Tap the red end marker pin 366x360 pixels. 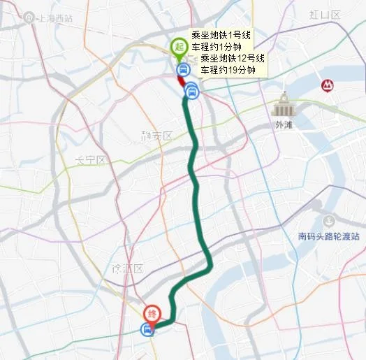(152, 315)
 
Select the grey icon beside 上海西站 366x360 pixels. (28, 17)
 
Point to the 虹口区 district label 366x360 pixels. (325, 15)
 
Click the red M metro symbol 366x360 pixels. (325, 85)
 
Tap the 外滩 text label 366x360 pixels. (284, 125)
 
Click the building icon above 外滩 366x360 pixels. (284, 106)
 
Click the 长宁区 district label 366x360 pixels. (90, 160)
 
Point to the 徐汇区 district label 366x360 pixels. (127, 268)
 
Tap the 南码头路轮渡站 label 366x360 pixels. (328, 236)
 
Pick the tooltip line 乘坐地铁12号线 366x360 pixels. (233, 58)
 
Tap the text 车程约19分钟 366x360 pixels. (228, 70)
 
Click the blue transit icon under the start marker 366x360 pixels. (183, 69)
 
